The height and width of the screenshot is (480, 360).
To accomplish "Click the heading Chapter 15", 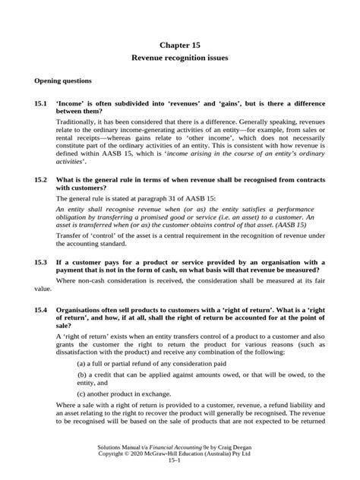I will [x=179, y=45].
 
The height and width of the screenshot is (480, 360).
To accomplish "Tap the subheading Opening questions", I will [x=62, y=80].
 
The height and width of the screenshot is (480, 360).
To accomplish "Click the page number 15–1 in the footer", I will [x=179, y=469].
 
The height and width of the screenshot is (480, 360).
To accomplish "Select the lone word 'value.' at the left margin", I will [x=43, y=289].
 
